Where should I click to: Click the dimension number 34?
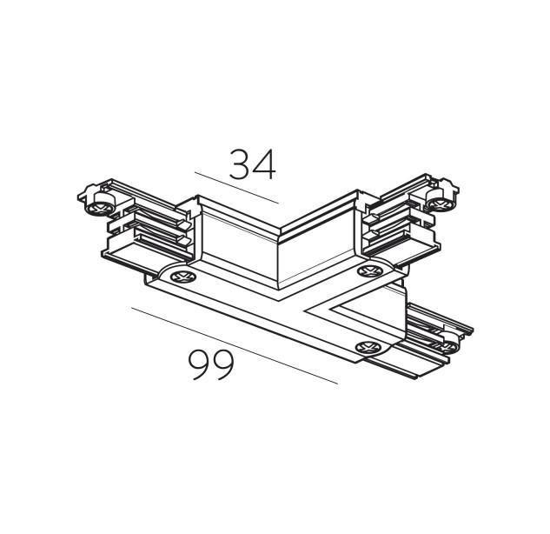(253, 164)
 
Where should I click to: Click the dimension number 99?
(211, 364)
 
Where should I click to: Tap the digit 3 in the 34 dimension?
(240, 164)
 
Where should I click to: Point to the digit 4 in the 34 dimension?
(264, 164)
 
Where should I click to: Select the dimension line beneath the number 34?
(236, 188)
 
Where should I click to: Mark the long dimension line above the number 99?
(235, 346)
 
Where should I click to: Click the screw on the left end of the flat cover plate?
(182, 277)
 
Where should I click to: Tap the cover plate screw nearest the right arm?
(369, 271)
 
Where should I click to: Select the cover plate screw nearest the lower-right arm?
(368, 347)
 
